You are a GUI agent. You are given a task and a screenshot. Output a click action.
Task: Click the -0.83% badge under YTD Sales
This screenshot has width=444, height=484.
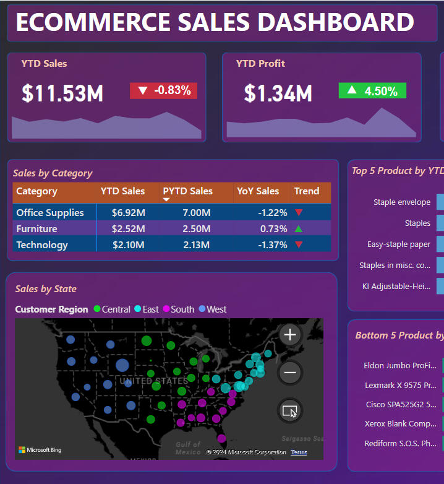[163, 90]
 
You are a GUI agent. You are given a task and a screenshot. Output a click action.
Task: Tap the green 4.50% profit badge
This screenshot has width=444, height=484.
[372, 91]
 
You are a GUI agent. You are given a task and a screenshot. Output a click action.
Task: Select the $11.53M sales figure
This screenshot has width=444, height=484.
[62, 93]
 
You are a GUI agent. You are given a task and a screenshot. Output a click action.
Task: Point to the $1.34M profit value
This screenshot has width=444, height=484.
[278, 93]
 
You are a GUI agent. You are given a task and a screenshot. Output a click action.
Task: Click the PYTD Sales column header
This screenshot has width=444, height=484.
[187, 191]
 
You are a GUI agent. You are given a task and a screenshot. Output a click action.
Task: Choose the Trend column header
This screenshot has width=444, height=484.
[307, 191]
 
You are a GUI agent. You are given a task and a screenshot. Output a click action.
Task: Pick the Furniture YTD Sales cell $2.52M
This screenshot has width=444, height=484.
[128, 228]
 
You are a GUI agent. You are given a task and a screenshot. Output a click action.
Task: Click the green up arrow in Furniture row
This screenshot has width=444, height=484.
[299, 229]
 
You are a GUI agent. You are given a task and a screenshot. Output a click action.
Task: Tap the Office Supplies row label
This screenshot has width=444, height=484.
[50, 212]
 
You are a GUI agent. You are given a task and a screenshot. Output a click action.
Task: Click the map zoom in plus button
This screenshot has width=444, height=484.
[290, 335]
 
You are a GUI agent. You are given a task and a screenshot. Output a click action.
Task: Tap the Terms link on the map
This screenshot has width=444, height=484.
[299, 452]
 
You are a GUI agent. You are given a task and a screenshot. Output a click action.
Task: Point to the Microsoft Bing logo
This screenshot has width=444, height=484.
[40, 450]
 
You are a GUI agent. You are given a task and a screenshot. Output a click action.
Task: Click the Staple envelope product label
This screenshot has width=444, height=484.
[402, 202]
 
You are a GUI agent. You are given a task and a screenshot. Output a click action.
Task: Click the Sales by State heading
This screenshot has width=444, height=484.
[46, 288]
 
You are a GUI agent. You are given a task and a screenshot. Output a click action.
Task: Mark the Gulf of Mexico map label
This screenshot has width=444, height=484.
[188, 448]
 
